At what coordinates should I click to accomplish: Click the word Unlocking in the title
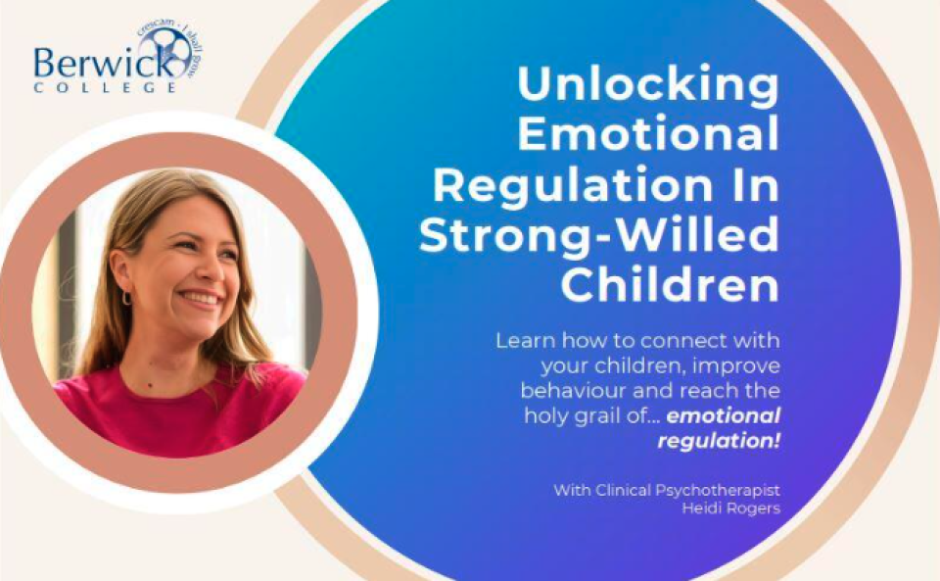click(x=647, y=85)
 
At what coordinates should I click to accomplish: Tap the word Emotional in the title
click(x=647, y=134)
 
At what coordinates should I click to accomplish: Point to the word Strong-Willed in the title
click(x=599, y=235)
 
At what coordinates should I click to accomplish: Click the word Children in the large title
click(x=669, y=285)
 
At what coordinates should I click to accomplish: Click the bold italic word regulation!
click(x=719, y=441)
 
